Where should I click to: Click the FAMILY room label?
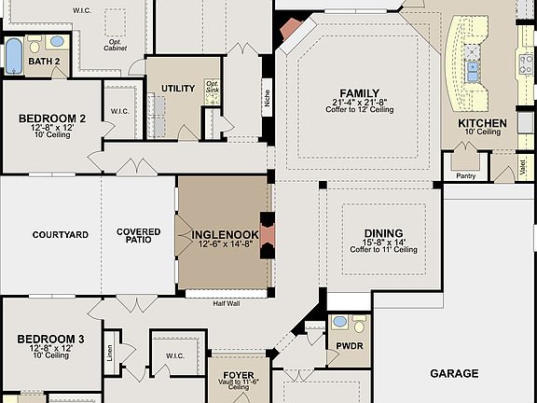(359, 93)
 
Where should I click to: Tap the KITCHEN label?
(482, 123)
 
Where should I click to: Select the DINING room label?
(384, 233)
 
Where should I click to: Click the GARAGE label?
(454, 373)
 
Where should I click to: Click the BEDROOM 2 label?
(52, 118)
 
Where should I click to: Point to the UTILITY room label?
(178, 90)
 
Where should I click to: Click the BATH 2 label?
(44, 62)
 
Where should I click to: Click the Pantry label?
(465, 175)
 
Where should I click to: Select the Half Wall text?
(227, 303)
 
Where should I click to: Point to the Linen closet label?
(110, 353)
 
